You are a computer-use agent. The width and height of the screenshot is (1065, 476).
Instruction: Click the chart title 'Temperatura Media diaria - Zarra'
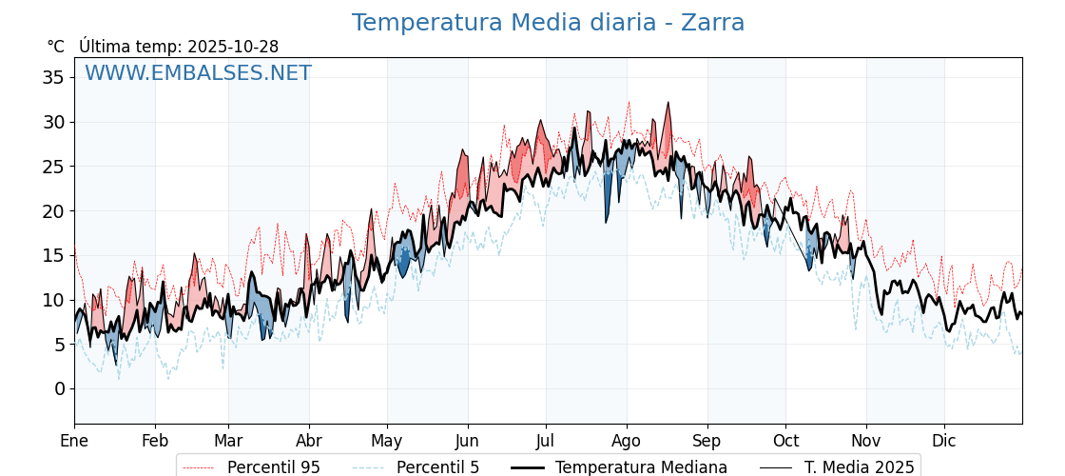pyautogui.click(x=548, y=23)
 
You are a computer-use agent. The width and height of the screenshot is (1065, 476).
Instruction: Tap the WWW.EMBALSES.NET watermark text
pyautogui.click(x=198, y=73)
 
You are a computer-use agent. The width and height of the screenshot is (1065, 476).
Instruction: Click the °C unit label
pyautogui.click(x=56, y=47)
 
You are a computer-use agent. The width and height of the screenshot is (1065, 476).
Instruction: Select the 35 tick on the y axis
pyautogui.click(x=53, y=77)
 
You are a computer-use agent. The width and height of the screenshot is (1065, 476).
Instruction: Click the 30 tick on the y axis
pyautogui.click(x=53, y=122)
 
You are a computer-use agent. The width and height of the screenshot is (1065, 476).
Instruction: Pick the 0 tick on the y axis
pyautogui.click(x=59, y=388)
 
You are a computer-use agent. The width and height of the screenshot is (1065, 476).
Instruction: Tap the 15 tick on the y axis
pyautogui.click(x=53, y=255)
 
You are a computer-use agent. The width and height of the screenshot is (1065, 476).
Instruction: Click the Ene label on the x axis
pyautogui.click(x=74, y=441)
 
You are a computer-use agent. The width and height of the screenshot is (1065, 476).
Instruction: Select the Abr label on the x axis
pyautogui.click(x=309, y=441)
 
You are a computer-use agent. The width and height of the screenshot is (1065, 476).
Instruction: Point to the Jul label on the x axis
pyautogui.click(x=546, y=441)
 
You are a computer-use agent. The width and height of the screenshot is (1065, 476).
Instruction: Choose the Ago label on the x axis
pyautogui.click(x=627, y=441)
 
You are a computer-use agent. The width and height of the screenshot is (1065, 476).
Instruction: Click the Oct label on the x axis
pyautogui.click(x=785, y=441)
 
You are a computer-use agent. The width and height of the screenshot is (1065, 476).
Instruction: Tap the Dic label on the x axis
pyautogui.click(x=944, y=441)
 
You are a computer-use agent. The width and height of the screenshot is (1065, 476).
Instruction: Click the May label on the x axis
pyautogui.click(x=387, y=441)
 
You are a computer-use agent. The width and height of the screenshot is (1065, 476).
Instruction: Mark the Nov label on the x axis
pyautogui.click(x=866, y=441)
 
